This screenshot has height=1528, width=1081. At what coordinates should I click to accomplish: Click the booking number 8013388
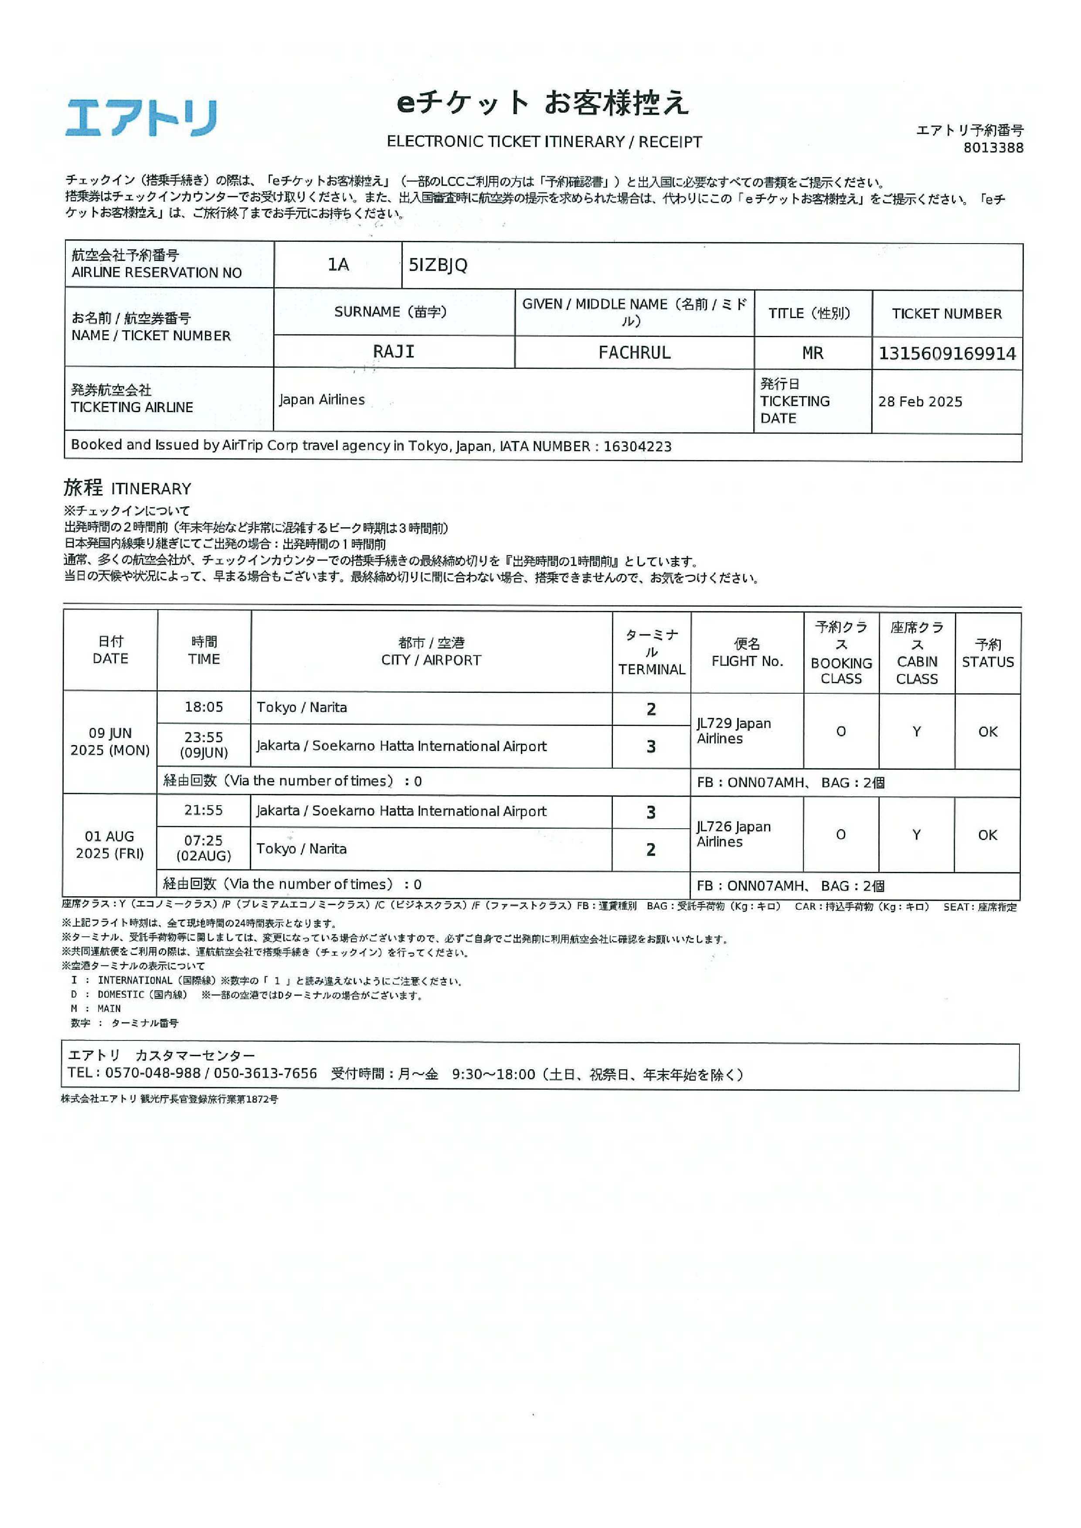pyautogui.click(x=993, y=148)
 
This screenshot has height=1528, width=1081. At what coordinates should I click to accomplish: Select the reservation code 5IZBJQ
pyautogui.click(x=438, y=265)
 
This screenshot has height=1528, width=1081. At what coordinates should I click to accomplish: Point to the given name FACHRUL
pyautogui.click(x=634, y=353)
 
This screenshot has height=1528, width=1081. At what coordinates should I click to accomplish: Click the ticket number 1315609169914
pyautogui.click(x=947, y=353)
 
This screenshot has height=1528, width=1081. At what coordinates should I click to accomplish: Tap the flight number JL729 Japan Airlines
pyautogui.click(x=734, y=731)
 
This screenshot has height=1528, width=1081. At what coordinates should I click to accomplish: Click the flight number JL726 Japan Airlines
pyautogui.click(x=734, y=834)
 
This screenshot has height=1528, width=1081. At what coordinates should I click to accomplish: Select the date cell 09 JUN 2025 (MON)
pyautogui.click(x=110, y=742)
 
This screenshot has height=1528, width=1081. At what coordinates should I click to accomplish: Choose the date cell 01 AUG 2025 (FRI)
pyautogui.click(x=110, y=844)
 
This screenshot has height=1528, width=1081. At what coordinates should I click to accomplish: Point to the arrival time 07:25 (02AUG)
pyautogui.click(x=204, y=848)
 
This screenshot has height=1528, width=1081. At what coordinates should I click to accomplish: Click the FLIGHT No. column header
pyautogui.click(x=747, y=652)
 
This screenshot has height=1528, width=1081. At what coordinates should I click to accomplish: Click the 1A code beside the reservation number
pyautogui.click(x=338, y=265)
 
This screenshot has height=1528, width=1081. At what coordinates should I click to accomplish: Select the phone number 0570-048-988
pyautogui.click(x=153, y=1074)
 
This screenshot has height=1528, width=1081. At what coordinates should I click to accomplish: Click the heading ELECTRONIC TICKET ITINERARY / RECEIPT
pyautogui.click(x=544, y=142)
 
